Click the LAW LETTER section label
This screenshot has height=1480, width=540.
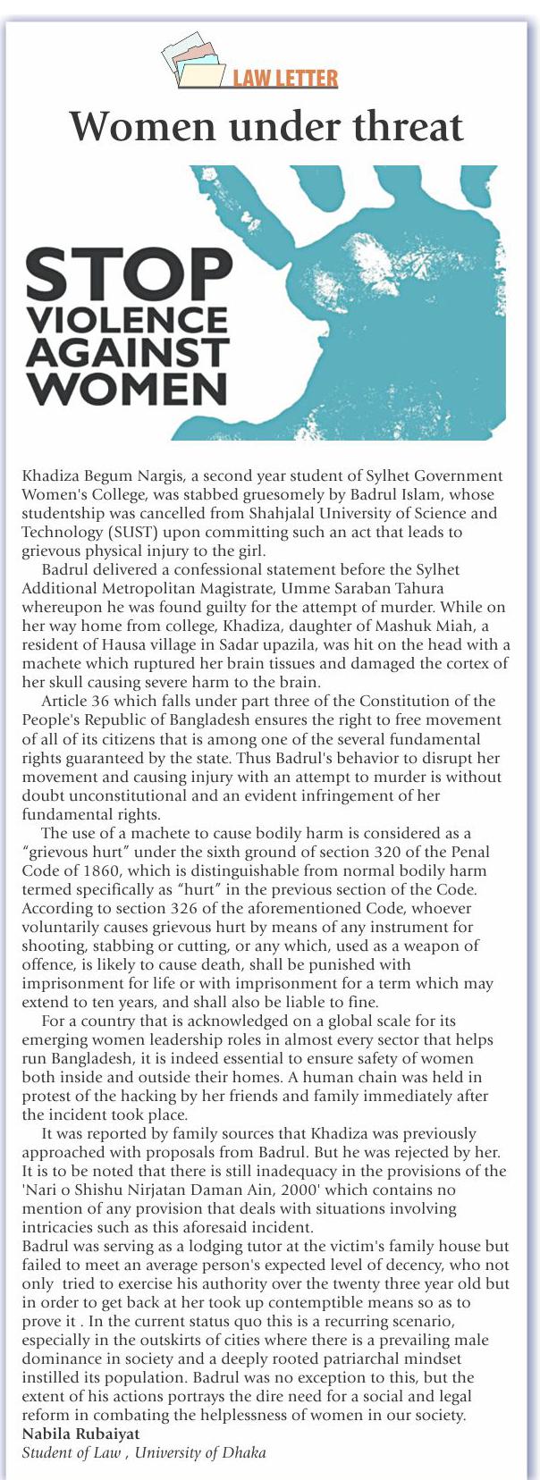coord(284,79)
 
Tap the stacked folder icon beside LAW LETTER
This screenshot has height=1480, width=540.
coord(193,61)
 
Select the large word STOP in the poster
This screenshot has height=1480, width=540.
coord(129,274)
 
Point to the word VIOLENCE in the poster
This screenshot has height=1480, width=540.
coord(127,319)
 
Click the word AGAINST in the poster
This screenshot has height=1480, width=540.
coord(127,353)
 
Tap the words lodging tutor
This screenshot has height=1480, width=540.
coord(190,1246)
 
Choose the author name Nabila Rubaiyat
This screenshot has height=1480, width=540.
coord(80,1434)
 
